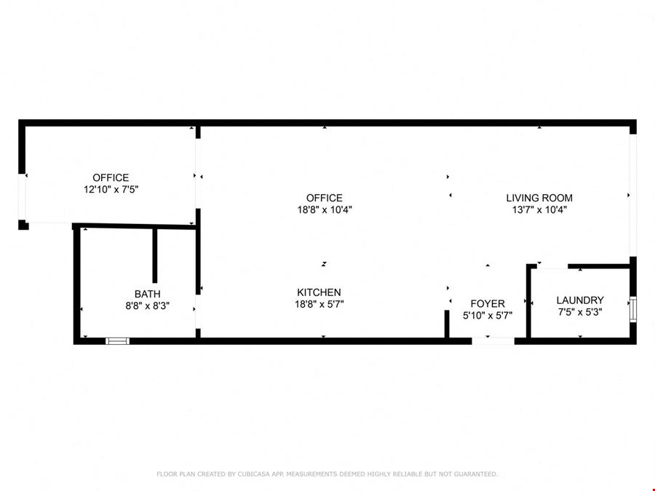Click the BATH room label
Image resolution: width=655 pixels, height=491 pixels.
[147, 294]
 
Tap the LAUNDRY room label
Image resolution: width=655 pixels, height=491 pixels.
[580, 300]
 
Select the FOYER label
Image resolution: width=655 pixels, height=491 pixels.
[488, 303]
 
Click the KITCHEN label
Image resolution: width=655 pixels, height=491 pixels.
[319, 292]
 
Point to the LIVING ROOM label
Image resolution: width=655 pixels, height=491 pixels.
[539, 198]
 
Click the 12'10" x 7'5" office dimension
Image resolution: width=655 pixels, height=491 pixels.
[111, 190]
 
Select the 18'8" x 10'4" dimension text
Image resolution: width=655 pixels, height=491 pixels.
[325, 209]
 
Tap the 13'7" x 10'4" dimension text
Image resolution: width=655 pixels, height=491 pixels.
[539, 209]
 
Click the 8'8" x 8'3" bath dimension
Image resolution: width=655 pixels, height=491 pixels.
[147, 306]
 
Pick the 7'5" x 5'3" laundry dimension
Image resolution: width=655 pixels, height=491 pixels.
[580, 312]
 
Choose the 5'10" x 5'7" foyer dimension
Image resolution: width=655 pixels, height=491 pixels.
[488, 315]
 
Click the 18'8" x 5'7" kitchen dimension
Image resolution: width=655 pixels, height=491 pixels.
[319, 304]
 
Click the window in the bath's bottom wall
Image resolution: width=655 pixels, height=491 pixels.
[117, 341]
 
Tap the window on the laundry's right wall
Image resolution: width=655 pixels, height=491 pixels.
[633, 309]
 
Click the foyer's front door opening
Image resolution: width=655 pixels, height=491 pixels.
[493, 341]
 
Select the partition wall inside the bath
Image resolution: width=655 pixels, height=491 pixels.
[154, 255]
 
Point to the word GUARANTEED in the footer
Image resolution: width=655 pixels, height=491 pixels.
[476, 474]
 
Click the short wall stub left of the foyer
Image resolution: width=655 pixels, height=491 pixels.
[447, 324]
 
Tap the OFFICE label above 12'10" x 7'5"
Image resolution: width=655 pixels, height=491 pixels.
[111, 178]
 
